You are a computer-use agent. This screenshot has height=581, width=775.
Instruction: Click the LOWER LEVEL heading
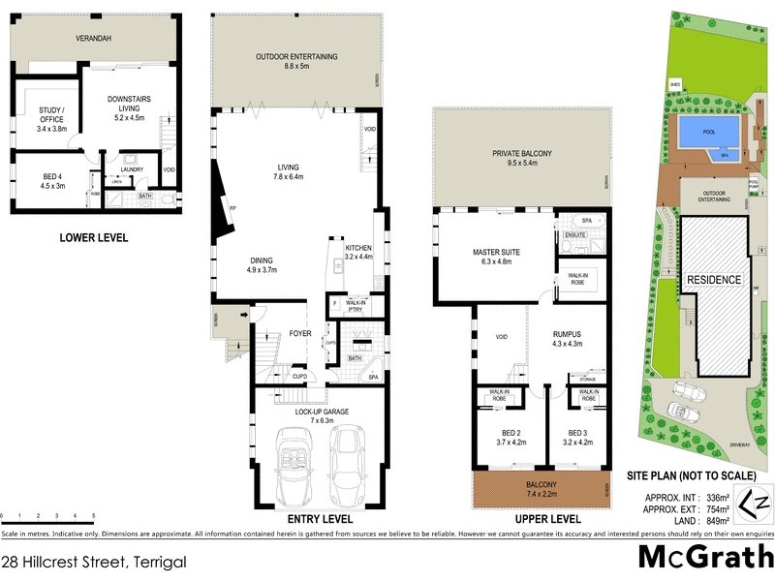(x=90, y=236)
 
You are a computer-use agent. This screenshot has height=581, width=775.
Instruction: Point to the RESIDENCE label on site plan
(x=714, y=280)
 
